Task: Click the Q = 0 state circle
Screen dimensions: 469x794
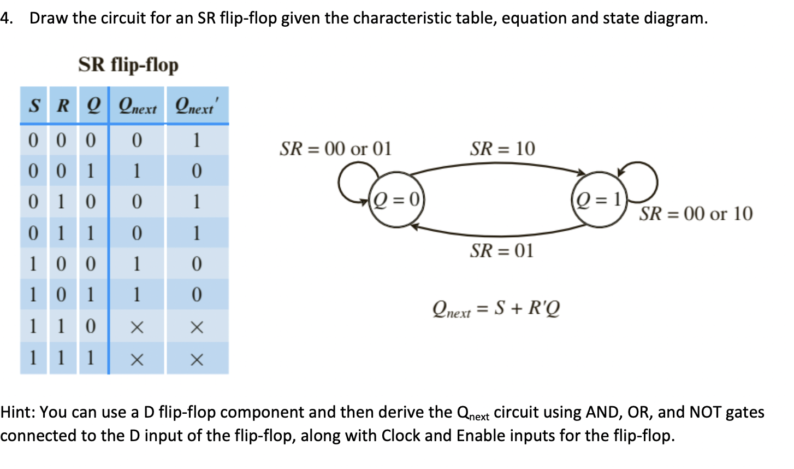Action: point(396,200)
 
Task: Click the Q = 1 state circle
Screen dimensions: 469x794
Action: point(599,200)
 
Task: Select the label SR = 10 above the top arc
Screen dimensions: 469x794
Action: point(502,149)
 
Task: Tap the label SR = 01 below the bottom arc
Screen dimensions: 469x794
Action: point(501,251)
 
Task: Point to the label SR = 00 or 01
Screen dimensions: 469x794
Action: point(335,149)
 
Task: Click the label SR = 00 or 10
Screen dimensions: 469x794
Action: point(696,214)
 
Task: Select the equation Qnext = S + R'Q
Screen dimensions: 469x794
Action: point(496,309)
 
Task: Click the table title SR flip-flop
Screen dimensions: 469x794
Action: point(128,65)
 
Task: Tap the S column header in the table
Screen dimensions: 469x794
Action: point(34,105)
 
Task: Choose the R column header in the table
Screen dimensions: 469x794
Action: point(63,105)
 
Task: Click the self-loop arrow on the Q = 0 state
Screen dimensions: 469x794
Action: point(349,180)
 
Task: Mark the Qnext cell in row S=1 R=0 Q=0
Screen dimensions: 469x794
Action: point(137,265)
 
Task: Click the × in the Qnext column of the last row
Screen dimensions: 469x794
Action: point(137,360)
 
